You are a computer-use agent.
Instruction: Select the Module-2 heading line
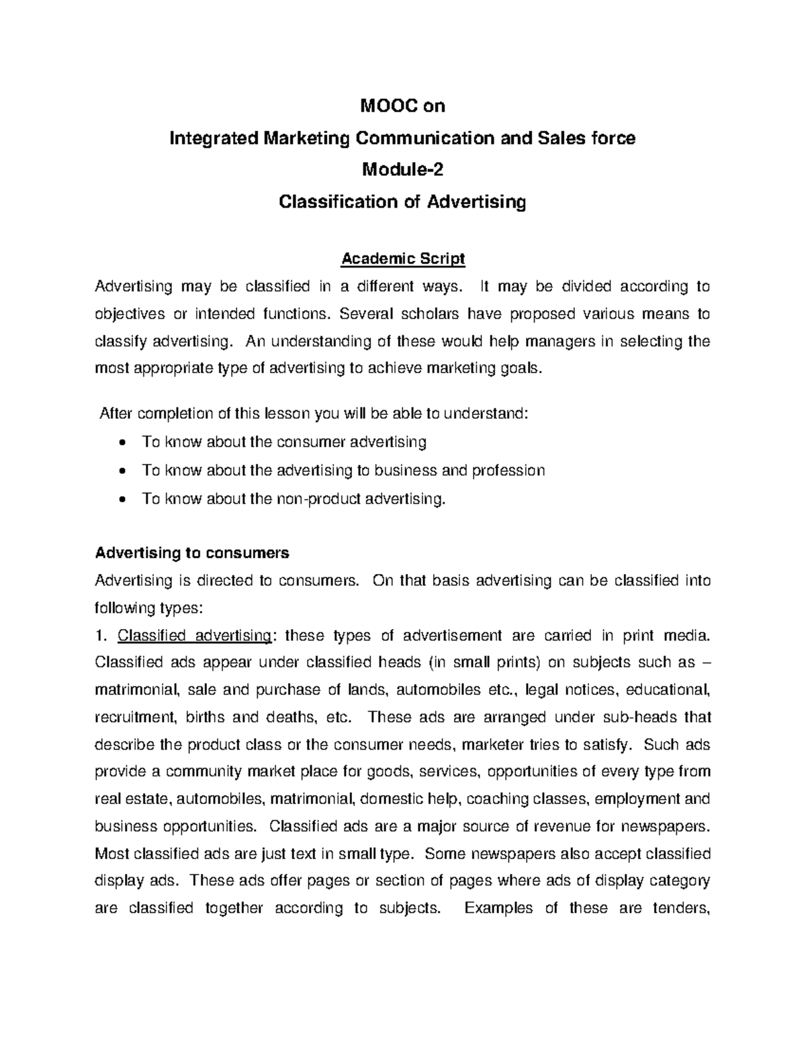point(402,169)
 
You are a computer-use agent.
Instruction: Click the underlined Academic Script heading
point(402,259)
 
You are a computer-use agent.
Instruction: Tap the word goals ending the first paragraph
point(521,369)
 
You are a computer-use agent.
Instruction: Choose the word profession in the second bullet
point(508,471)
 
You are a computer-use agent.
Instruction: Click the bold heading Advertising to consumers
point(192,553)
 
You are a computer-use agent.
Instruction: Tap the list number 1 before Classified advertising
point(101,635)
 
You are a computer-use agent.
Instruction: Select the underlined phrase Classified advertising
point(195,635)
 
